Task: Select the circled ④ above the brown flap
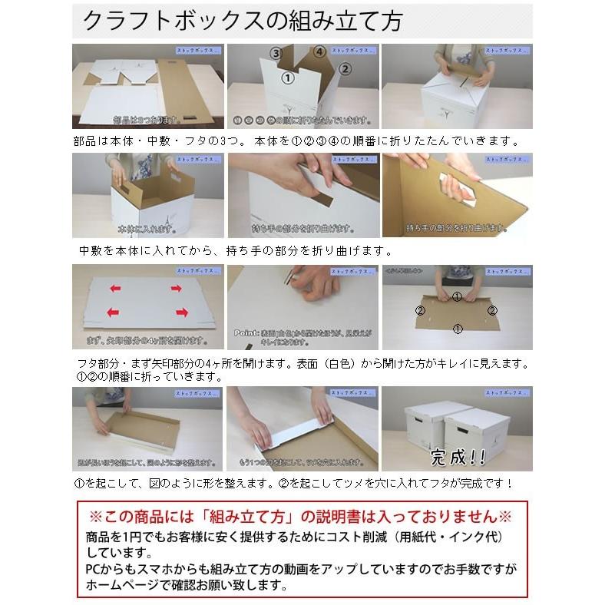(317, 52)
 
